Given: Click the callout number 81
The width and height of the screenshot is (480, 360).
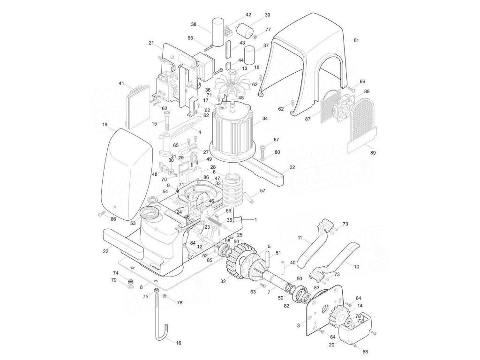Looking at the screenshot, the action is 356,41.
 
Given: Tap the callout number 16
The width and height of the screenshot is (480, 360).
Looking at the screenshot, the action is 178,344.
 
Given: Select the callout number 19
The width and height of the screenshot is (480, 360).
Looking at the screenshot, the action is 105,125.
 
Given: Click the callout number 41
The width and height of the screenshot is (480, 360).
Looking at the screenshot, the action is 121,83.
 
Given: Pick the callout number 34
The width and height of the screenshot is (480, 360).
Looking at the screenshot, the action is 265,119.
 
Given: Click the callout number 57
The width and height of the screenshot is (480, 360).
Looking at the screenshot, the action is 262,191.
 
